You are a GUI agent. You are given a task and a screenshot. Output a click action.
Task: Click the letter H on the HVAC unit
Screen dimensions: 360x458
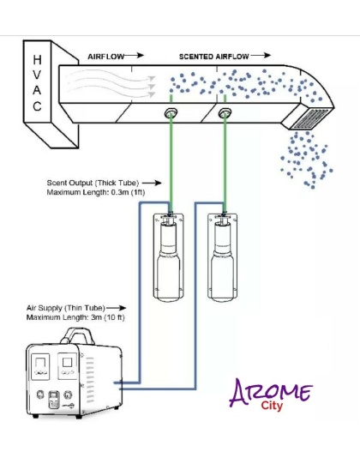(x=37, y=60)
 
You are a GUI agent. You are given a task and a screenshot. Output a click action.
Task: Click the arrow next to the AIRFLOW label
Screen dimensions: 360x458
(x=134, y=55)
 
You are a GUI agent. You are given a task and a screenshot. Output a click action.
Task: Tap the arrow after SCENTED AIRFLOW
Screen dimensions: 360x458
(x=260, y=55)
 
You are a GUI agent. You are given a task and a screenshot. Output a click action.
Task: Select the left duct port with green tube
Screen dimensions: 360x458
(x=171, y=112)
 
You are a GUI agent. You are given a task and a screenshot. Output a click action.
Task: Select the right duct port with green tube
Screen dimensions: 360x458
(x=225, y=112)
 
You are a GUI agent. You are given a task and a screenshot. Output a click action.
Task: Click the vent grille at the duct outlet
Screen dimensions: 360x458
(x=311, y=118)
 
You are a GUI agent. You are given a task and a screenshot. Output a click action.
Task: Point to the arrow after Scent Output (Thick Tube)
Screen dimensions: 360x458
(x=152, y=184)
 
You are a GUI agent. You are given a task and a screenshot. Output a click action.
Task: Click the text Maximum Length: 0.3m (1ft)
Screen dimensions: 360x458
(x=96, y=192)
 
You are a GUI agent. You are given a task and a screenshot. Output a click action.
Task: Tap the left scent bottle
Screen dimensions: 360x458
(x=169, y=257)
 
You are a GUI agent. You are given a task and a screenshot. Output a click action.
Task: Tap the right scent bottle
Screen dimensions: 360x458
(x=222, y=257)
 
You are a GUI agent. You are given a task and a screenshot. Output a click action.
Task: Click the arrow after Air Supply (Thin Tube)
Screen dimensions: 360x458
(x=117, y=308)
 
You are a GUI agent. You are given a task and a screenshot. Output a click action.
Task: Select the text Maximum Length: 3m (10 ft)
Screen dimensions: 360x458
(x=75, y=317)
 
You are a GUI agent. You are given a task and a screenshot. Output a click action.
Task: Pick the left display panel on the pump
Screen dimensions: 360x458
(x=40, y=367)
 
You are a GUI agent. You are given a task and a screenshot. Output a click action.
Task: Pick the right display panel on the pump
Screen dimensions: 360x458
(x=67, y=366)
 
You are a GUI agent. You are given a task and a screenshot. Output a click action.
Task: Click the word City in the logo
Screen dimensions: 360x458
(x=272, y=406)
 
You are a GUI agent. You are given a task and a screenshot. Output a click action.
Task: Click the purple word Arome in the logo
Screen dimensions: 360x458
(x=270, y=392)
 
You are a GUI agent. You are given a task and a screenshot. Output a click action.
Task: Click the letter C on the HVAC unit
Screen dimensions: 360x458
(x=37, y=106)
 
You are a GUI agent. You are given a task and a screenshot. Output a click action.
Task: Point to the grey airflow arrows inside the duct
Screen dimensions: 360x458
(x=110, y=83)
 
